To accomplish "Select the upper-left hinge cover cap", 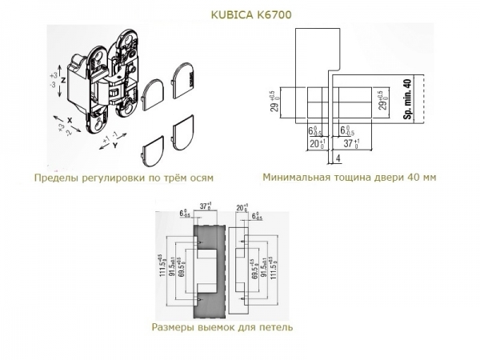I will point(154,98).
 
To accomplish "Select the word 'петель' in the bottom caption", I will point(276,327).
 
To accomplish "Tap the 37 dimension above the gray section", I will point(205,206).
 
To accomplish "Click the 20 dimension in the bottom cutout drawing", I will point(240,206).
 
